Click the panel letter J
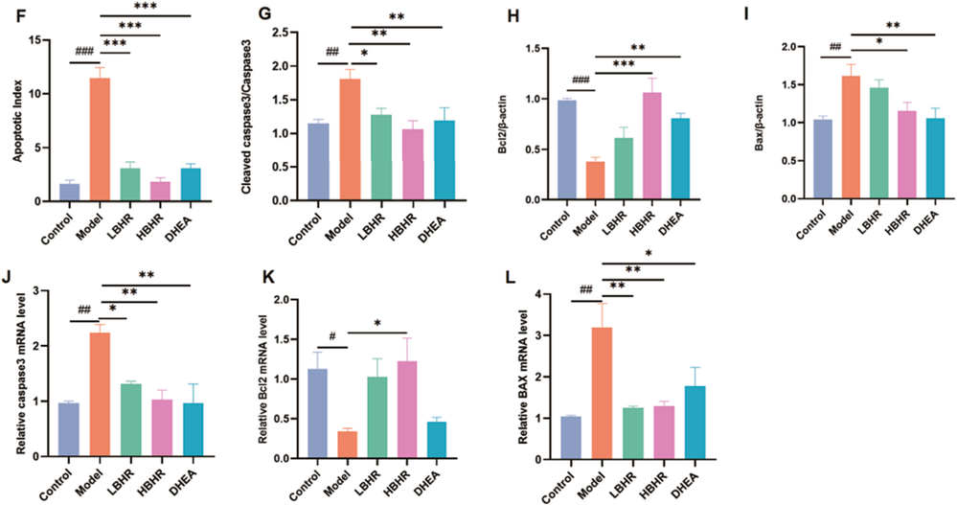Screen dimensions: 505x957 pos(8,279)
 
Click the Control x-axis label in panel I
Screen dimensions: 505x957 pos(816,220)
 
